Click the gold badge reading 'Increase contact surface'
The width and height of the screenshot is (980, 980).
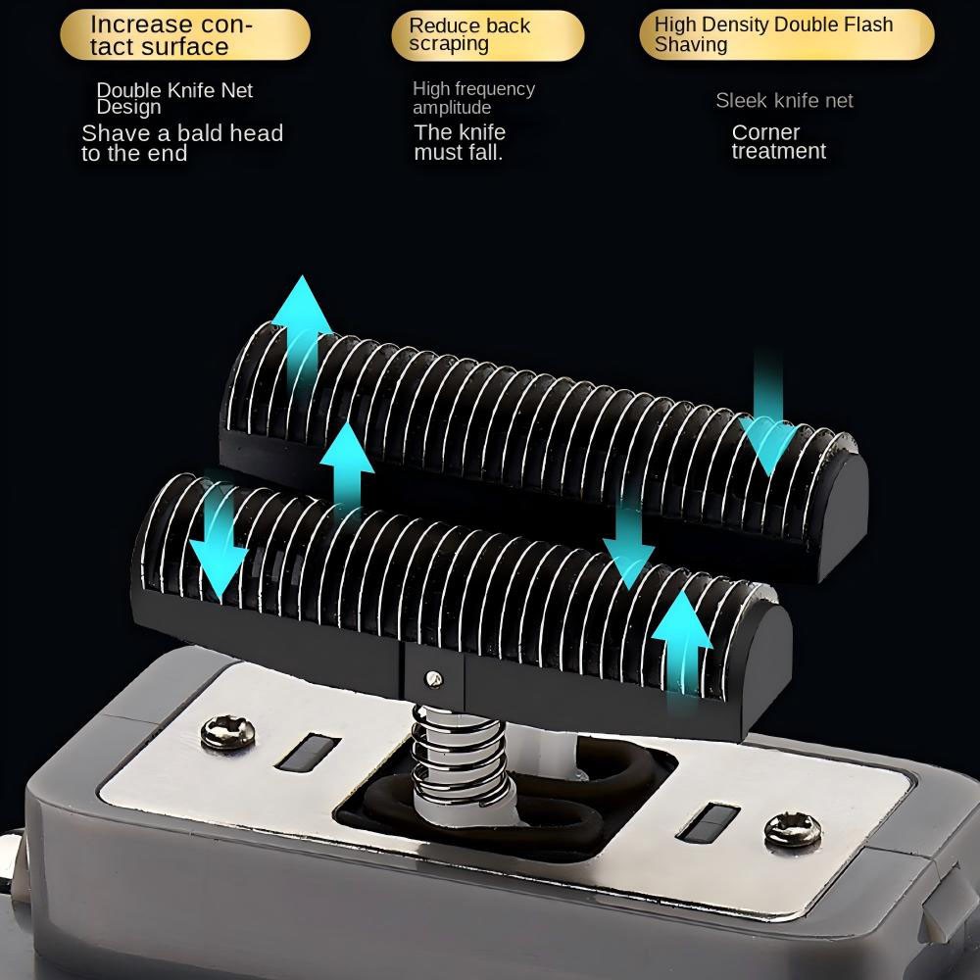point(185,35)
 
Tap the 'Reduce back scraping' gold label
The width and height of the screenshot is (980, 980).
point(487,35)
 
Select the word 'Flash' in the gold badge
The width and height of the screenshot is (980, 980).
point(869,24)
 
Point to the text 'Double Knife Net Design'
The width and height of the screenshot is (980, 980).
point(174,98)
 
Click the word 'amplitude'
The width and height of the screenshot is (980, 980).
point(451,108)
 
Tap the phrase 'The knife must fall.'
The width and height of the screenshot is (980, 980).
point(460,142)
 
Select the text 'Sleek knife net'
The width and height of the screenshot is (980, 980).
point(784,101)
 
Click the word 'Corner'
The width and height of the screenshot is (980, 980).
point(765,132)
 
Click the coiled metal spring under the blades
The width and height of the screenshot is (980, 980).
point(460,761)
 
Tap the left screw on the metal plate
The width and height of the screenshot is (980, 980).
point(227,732)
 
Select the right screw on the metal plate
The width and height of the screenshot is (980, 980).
point(793,829)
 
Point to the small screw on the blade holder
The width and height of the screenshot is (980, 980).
point(433,678)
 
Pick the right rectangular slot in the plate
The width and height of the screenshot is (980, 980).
point(708,822)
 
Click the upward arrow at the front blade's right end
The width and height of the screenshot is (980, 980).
point(682,644)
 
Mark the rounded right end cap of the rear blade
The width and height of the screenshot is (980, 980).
point(843,513)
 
